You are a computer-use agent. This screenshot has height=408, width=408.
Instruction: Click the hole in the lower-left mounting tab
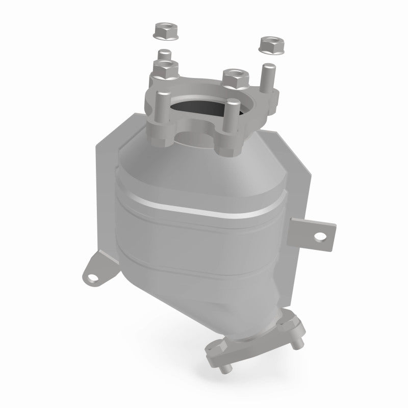(x=92, y=278)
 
